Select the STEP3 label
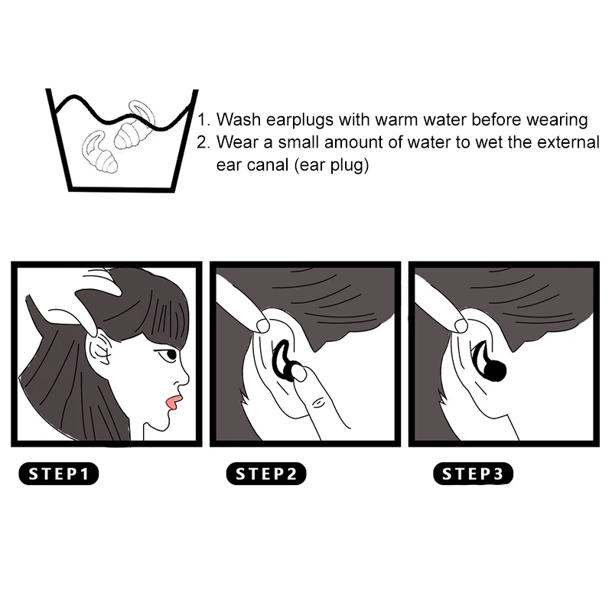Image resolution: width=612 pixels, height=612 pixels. click(x=474, y=474)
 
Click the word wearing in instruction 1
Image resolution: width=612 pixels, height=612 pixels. click(x=559, y=121)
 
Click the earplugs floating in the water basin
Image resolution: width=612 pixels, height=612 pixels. click(x=115, y=138)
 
